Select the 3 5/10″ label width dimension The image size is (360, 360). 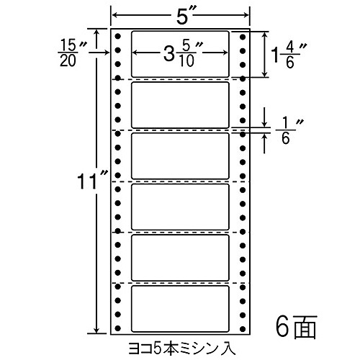coord(183,54)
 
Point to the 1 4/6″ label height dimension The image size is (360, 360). coord(289,55)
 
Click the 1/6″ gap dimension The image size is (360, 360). coord(289,131)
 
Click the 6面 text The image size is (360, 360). coord(296,326)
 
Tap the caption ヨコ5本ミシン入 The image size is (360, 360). coord(182,348)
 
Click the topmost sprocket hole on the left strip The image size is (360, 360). coord(117,37)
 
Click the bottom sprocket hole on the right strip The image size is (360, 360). coord(243,328)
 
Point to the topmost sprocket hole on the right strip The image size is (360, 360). coord(243,37)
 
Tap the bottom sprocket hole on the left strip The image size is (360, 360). coord(117,328)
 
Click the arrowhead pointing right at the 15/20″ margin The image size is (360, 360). coord(107,53)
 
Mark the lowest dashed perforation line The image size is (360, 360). coord(180,283)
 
